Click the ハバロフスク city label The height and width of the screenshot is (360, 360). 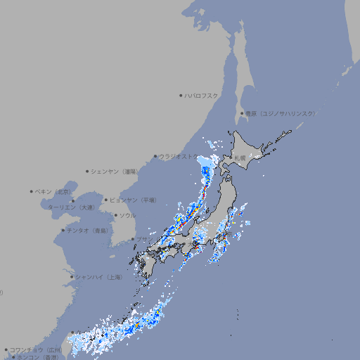pos(202,95)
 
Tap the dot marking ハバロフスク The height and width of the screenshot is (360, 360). pos(181,95)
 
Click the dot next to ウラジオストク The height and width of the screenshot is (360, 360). pos(155,157)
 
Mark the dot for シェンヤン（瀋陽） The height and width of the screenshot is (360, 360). pos(87,171)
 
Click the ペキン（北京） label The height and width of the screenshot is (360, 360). pos(53,191)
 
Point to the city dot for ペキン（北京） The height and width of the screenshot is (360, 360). pos(32,191)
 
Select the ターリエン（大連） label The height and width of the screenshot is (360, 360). pos(71,207)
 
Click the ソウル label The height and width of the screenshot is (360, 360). pos(127,215)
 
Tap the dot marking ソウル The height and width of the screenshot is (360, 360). pos(115,215)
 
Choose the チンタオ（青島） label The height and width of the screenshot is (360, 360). pos(88,230)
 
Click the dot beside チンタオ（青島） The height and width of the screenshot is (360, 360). pos(63,230)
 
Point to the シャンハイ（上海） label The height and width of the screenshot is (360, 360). pos(98,277)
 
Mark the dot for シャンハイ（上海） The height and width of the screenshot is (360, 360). pos(72,277)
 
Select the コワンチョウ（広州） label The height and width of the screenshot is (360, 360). pos(36,349)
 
